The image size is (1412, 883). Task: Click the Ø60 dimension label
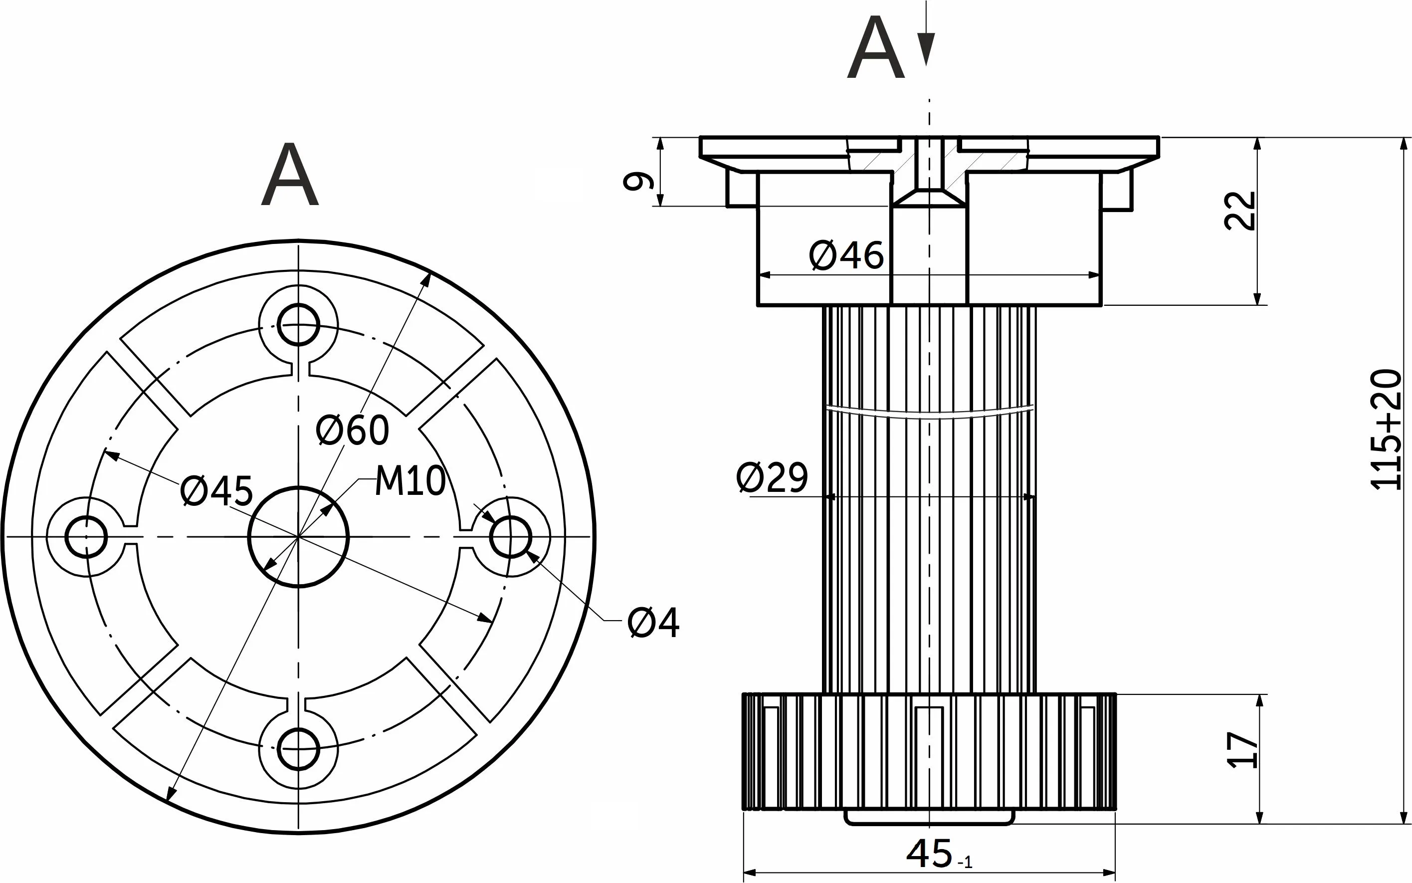click(352, 431)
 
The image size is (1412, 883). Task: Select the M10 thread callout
click(410, 481)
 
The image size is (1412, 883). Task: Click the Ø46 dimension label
click(846, 256)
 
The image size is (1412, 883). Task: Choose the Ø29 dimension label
click(772, 477)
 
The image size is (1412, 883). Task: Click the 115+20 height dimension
click(1386, 429)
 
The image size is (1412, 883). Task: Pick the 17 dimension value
click(1242, 750)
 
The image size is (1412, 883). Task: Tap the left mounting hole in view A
click(86, 537)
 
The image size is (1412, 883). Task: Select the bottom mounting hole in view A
click(298, 749)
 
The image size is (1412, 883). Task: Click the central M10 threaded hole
click(298, 537)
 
